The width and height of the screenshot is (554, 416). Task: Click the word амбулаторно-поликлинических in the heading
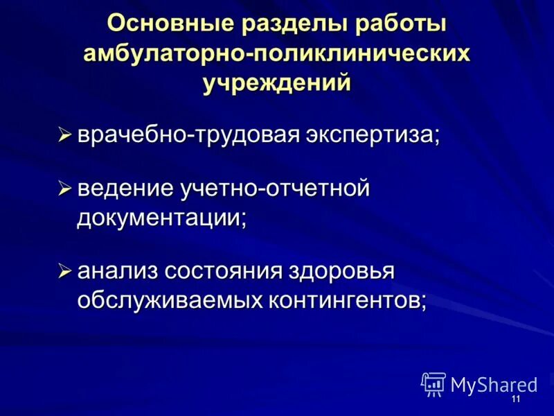pyautogui.click(x=276, y=53)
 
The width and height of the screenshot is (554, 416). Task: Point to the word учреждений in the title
pyautogui.click(x=277, y=84)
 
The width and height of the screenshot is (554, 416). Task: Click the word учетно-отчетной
pyautogui.click(x=274, y=189)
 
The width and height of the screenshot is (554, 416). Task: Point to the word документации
pyautogui.click(x=161, y=218)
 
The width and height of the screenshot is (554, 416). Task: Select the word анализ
pyautogui.click(x=116, y=271)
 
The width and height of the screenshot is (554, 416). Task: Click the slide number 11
pyautogui.click(x=515, y=401)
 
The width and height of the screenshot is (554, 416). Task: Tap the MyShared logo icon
pyautogui.click(x=433, y=384)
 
